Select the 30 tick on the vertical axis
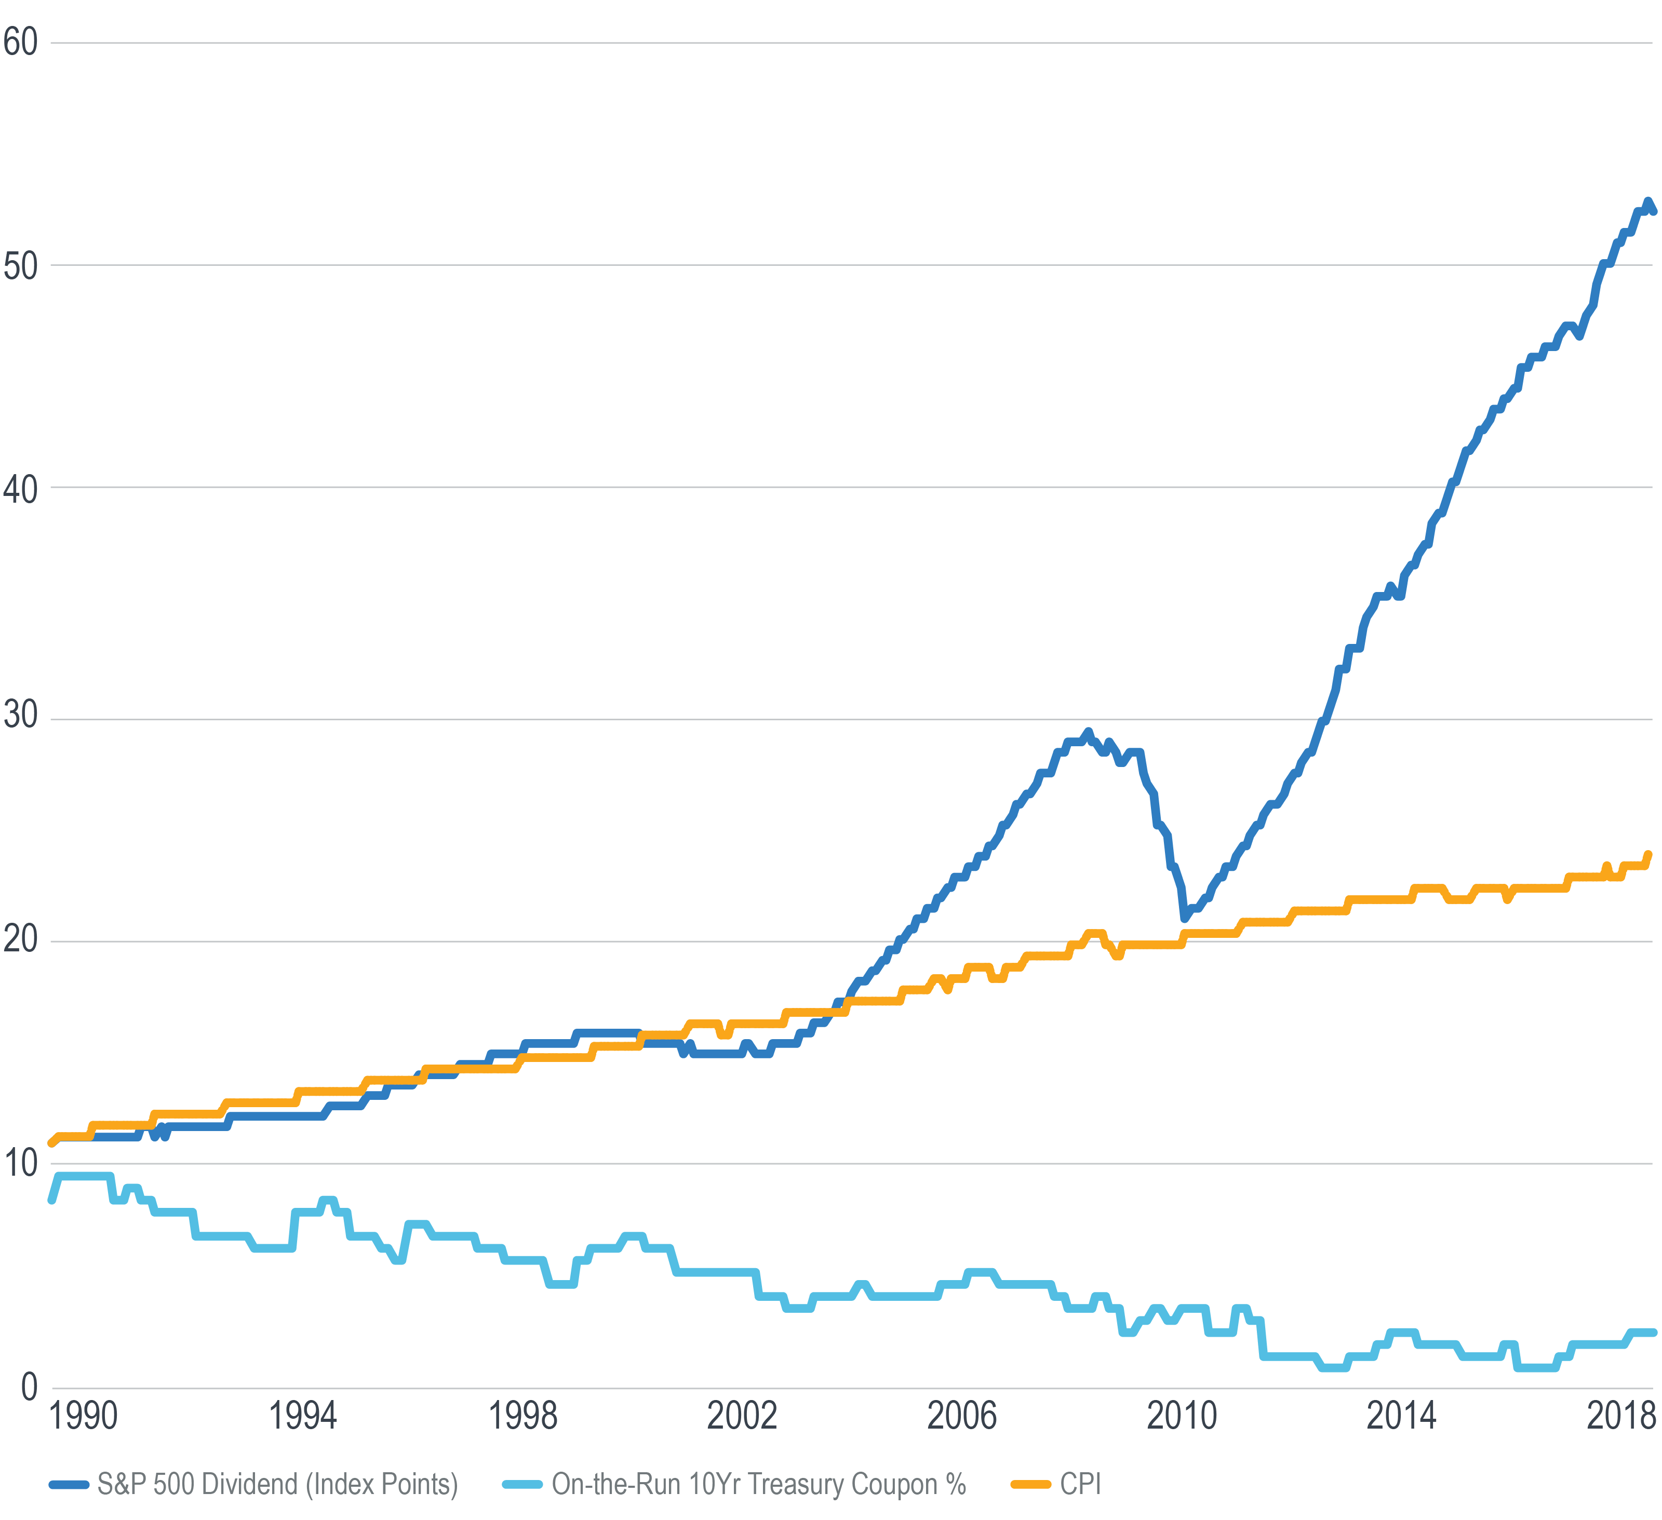point(21,714)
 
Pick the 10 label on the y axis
point(21,1163)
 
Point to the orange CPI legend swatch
point(1030,1485)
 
